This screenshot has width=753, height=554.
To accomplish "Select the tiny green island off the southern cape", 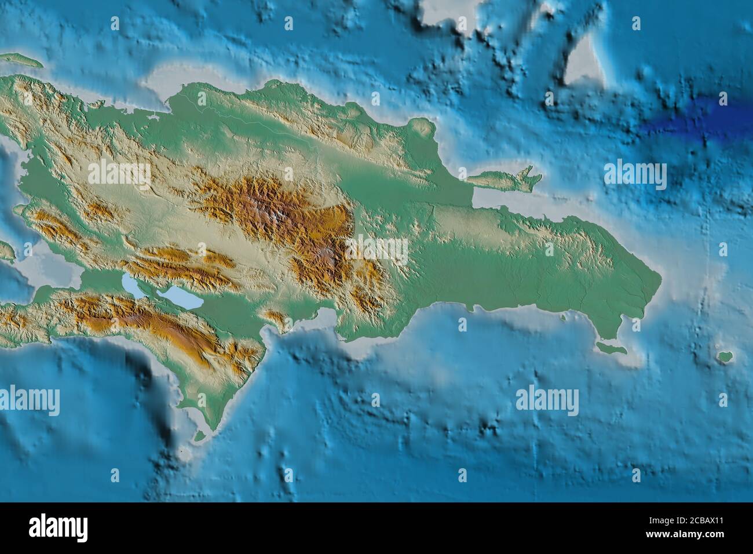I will (x=200, y=435).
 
